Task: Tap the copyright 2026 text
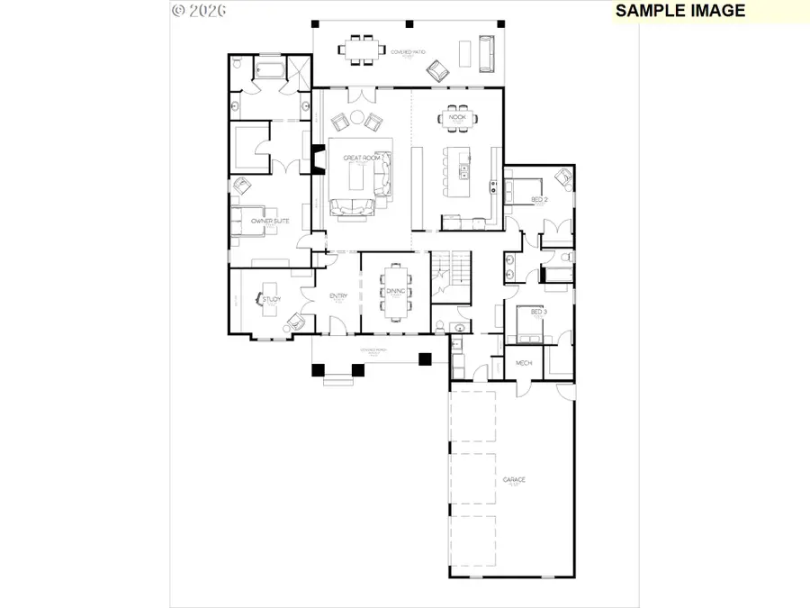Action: point(198,11)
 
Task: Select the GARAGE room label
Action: point(514,480)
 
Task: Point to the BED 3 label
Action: point(538,312)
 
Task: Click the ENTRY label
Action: point(338,296)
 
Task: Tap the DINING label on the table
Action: point(396,292)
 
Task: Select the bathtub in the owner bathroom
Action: point(266,69)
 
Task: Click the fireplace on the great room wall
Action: point(317,158)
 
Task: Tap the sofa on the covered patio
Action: point(485,54)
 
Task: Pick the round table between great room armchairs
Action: point(355,117)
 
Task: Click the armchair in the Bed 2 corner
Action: point(563,177)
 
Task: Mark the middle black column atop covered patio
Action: point(409,23)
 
